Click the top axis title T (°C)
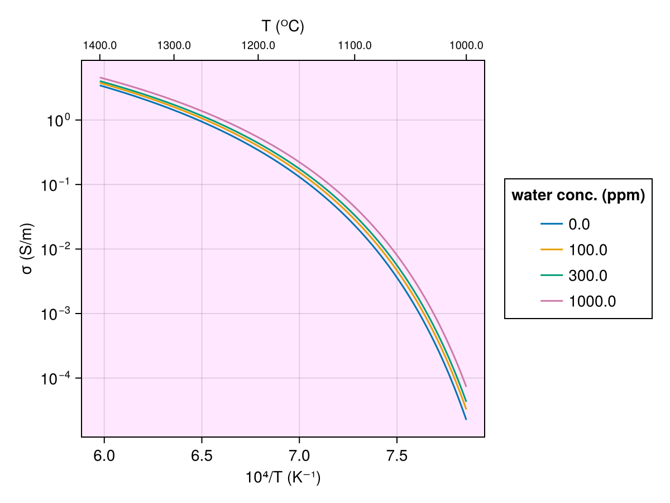[283, 26]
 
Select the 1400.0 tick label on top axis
[99, 45]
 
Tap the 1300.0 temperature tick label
[174, 45]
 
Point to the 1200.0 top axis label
[258, 45]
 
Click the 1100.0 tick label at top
[355, 45]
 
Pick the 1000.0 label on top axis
[466, 45]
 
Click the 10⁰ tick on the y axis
[58, 120]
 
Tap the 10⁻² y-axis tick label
[55, 249]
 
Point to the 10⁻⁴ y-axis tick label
[55, 378]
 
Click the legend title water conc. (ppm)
[578, 196]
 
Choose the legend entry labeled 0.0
[579, 225]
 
